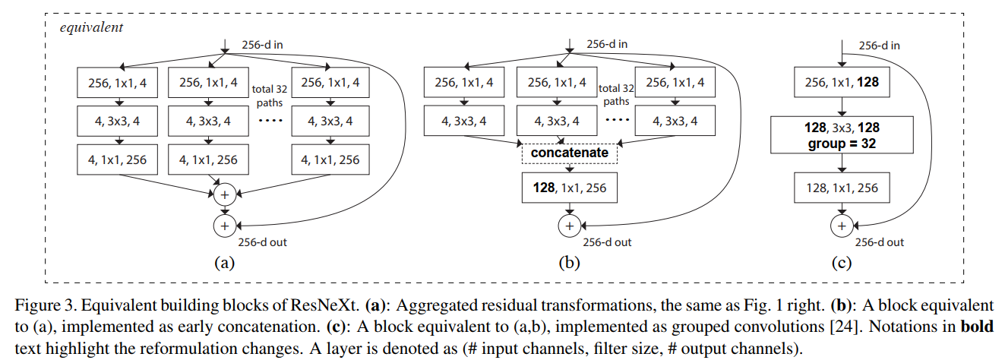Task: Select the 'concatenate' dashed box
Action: [x=568, y=153]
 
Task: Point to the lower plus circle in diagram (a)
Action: [x=225, y=226]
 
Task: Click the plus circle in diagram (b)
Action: [x=568, y=226]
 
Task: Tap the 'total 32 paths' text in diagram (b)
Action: [x=615, y=94]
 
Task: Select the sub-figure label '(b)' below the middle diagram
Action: [x=568, y=264]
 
